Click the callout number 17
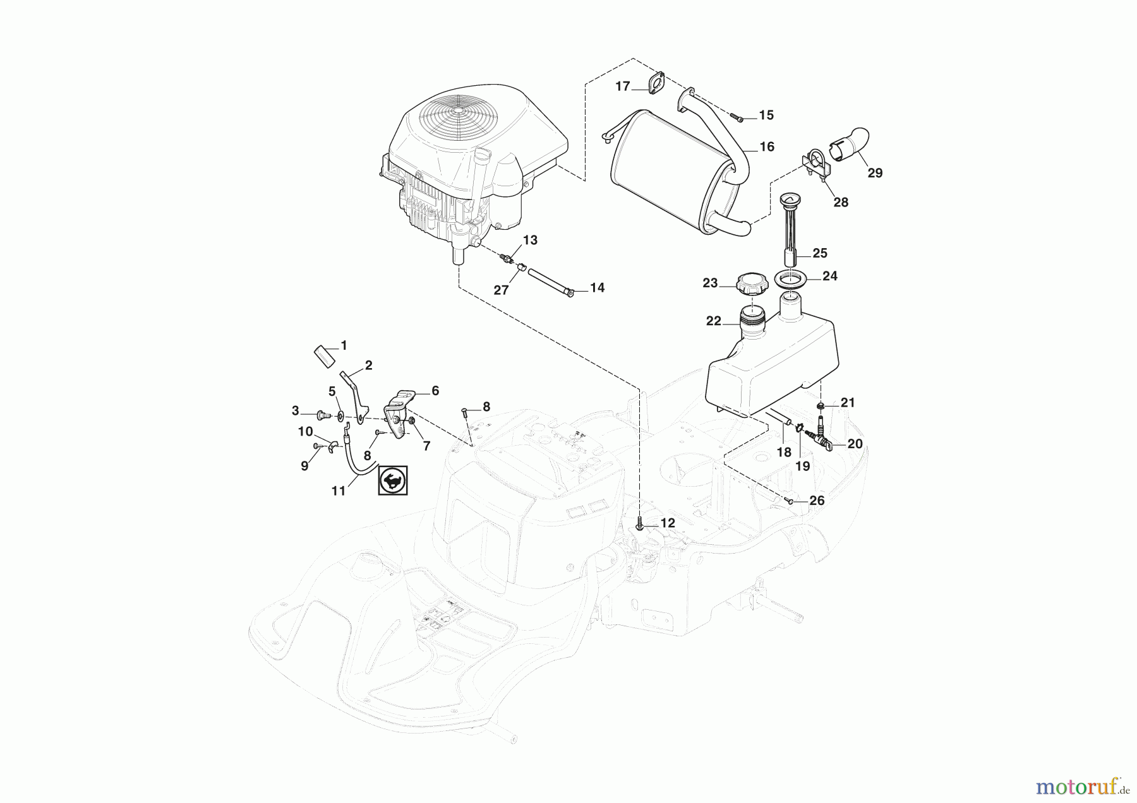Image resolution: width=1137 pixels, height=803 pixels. tap(623, 86)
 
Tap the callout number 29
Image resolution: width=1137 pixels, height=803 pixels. tap(875, 173)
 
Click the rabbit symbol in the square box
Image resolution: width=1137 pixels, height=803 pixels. tap(393, 480)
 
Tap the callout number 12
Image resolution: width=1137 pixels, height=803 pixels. tap(667, 523)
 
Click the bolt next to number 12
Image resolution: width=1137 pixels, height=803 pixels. tap(641, 524)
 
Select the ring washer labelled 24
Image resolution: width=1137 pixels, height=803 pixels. tap(795, 278)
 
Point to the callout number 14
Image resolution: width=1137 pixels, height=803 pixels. tap(597, 288)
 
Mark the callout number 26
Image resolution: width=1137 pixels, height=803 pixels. tap(817, 501)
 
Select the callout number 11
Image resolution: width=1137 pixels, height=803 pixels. tap(339, 490)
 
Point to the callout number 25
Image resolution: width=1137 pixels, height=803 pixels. tap(819, 253)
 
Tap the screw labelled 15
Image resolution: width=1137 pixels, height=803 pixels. tap(738, 117)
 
